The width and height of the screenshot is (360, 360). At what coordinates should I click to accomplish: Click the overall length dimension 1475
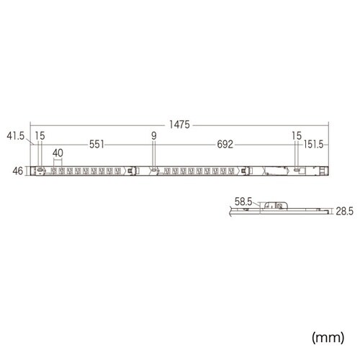[x=181, y=125]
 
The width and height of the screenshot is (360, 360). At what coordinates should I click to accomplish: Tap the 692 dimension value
[x=225, y=145]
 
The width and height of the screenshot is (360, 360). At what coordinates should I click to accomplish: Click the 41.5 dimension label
[x=16, y=135]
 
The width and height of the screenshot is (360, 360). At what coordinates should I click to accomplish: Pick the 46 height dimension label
[x=19, y=171]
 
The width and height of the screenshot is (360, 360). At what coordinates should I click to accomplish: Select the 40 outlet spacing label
[x=58, y=153]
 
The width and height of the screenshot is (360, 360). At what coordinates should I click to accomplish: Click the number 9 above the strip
[x=153, y=135]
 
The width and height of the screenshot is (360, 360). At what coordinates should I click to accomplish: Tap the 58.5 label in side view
[x=244, y=203]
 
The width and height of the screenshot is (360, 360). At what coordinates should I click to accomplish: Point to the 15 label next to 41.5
[x=40, y=135]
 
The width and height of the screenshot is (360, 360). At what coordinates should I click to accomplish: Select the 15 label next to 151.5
[x=296, y=135]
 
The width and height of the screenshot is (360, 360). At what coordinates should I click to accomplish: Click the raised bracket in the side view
[x=274, y=206]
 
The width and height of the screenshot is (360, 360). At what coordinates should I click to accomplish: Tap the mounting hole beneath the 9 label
[x=153, y=171]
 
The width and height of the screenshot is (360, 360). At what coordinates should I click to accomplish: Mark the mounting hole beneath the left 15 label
[x=40, y=171]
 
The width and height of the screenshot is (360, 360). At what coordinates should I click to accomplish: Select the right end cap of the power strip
[x=326, y=171]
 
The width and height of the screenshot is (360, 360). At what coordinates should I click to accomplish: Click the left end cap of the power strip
[x=32, y=171]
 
